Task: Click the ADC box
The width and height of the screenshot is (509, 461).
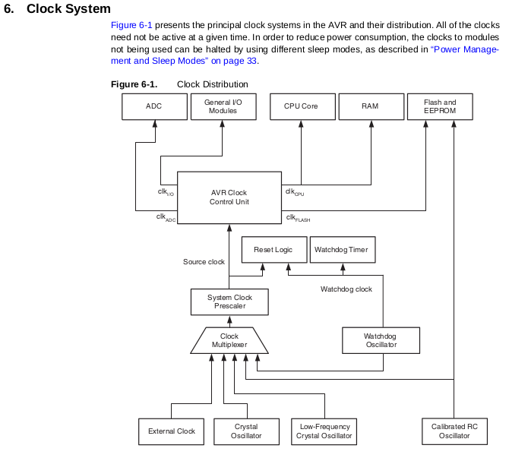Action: click(154, 107)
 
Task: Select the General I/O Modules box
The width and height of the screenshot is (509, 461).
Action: click(223, 107)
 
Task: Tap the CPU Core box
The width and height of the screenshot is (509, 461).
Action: click(302, 107)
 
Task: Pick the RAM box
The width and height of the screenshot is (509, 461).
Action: click(371, 107)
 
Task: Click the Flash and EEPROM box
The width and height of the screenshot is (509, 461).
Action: click(440, 107)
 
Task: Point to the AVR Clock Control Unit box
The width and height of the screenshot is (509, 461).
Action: click(229, 197)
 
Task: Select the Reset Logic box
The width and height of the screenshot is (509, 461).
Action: click(274, 249)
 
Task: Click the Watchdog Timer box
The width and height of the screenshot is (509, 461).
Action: click(343, 249)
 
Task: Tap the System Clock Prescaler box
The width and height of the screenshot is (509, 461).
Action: click(229, 302)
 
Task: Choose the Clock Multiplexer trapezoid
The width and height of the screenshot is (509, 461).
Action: click(229, 340)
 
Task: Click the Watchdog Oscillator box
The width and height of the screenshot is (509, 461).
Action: click(381, 340)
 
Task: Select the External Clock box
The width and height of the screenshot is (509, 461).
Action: click(171, 431)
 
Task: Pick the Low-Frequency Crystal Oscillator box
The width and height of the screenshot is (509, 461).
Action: click(324, 431)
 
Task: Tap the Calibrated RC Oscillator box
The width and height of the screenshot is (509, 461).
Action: click(454, 431)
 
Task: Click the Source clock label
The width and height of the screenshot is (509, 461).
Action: click(204, 262)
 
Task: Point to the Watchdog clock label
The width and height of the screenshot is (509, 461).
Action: click(346, 289)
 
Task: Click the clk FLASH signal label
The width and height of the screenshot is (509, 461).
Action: click(298, 218)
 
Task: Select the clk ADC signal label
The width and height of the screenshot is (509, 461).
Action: click(166, 217)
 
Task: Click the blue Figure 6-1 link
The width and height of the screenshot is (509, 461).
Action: click(131, 25)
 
